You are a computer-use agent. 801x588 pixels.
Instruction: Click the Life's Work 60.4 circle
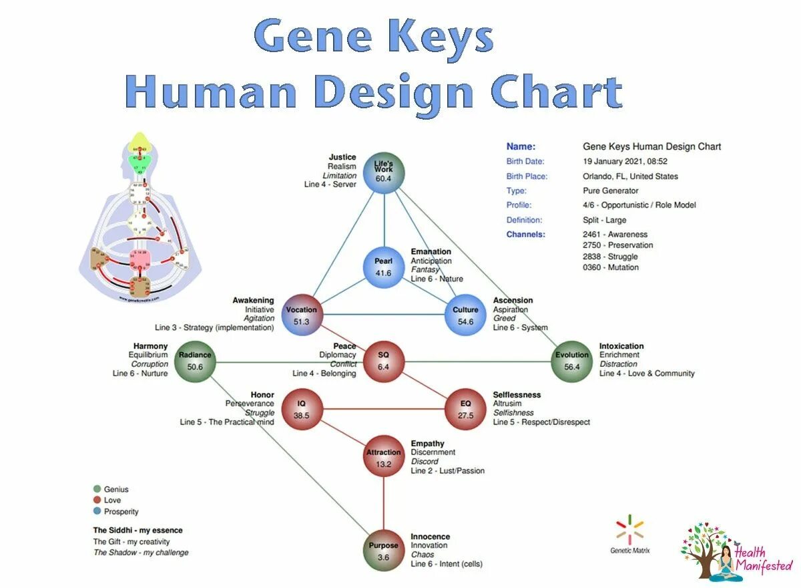(384, 174)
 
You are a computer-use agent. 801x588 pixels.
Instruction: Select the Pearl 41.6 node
(383, 267)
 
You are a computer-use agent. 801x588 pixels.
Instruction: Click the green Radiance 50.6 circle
(195, 361)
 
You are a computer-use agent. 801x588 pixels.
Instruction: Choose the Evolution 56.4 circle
(572, 361)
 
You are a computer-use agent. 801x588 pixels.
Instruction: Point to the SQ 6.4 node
(383, 361)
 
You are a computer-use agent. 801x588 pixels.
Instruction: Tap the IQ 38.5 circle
(301, 410)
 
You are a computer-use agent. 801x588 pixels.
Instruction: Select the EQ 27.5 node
(465, 410)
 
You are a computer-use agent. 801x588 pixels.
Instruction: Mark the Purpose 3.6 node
(383, 551)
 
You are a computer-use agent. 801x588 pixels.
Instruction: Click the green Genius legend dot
(97, 489)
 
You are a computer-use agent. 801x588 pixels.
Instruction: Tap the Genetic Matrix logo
(629, 534)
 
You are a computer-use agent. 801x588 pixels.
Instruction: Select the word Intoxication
(621, 346)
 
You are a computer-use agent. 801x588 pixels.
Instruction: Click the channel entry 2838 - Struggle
(610, 257)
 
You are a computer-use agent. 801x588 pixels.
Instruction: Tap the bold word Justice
(342, 158)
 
